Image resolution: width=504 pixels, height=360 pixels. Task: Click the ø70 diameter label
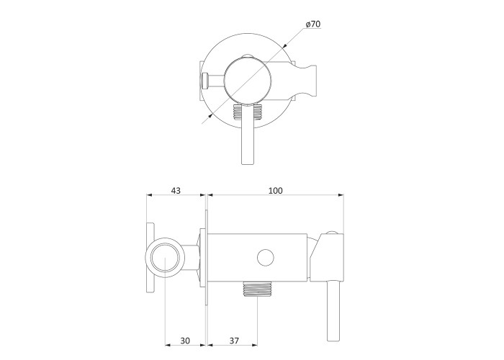(313, 24)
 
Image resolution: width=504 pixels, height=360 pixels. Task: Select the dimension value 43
(176, 191)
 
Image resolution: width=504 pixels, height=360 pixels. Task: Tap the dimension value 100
(276, 191)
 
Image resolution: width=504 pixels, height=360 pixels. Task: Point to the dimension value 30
(185, 341)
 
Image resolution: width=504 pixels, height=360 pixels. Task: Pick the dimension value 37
(234, 341)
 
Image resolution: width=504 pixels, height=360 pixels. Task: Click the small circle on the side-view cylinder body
(266, 258)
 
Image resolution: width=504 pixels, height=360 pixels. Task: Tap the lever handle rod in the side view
(333, 311)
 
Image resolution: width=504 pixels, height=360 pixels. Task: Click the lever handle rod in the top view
(248, 135)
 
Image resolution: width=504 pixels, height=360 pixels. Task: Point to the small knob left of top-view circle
(205, 81)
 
